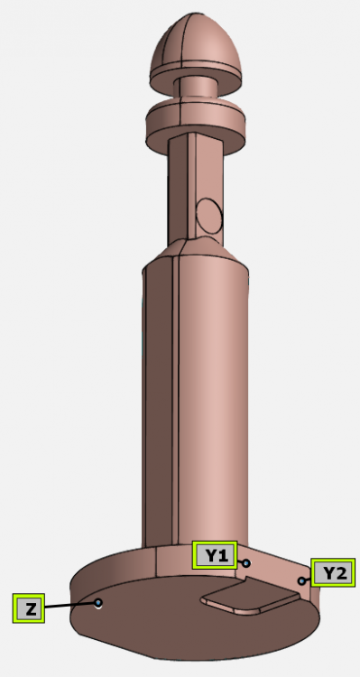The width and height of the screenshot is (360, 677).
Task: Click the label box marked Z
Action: click(x=30, y=608)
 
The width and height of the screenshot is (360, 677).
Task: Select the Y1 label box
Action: click(x=215, y=555)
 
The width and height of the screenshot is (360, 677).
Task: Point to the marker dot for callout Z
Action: click(x=98, y=602)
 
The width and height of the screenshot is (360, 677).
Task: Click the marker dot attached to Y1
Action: click(x=245, y=562)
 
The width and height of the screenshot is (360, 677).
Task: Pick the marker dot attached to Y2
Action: click(x=301, y=580)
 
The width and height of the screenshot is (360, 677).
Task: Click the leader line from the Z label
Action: click(x=70, y=605)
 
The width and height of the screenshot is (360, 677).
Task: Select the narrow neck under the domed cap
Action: click(x=193, y=91)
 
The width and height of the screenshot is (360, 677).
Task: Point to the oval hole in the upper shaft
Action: click(x=209, y=215)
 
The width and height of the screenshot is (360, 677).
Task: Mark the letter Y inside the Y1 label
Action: click(x=209, y=555)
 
